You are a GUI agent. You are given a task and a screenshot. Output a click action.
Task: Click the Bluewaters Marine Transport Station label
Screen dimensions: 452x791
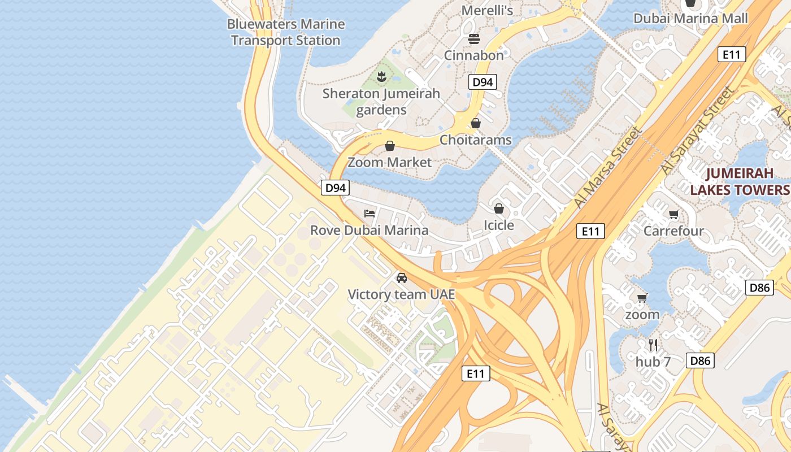[285, 32]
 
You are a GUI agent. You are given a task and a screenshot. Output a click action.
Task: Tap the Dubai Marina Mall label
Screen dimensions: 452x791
[690, 18]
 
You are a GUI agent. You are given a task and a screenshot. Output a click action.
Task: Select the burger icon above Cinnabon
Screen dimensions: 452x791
[473, 39]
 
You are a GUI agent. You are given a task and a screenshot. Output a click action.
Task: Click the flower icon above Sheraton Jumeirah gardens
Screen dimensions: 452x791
[381, 76]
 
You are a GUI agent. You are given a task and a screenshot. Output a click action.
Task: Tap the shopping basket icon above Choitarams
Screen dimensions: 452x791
[476, 123]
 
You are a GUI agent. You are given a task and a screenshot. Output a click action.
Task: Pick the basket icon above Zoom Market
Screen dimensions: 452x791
[389, 146]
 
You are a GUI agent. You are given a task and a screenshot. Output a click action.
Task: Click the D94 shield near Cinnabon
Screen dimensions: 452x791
[482, 82]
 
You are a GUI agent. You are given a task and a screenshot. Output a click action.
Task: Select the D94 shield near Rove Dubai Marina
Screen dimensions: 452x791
[335, 188]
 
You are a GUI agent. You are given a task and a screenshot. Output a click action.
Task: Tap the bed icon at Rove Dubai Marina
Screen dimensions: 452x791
[370, 214]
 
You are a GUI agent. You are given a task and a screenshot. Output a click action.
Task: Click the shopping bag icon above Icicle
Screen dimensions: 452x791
[498, 209]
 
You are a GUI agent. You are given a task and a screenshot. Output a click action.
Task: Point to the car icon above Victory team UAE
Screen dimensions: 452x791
[402, 278]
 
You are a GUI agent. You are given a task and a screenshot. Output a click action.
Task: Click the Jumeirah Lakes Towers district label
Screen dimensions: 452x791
[739, 181]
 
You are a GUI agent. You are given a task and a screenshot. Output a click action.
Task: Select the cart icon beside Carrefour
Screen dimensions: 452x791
[673, 214]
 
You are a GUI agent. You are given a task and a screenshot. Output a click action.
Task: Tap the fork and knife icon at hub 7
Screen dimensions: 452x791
[653, 345]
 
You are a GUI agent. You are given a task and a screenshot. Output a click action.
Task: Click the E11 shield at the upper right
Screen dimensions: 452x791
[732, 54]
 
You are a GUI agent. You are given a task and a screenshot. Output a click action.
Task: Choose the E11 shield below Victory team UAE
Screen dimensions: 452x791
[475, 373]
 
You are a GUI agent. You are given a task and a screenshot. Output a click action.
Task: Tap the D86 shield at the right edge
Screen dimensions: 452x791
[759, 287]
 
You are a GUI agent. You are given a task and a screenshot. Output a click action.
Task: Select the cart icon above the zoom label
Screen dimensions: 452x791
[642, 298]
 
